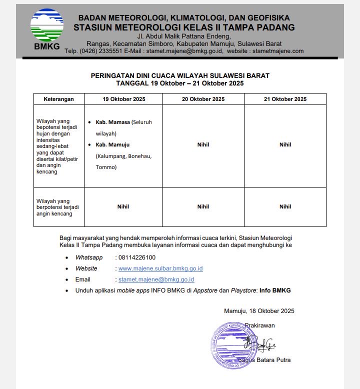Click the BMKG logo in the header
[x=47, y=30]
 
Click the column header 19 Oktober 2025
[x=124, y=99]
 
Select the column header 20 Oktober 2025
[x=203, y=99]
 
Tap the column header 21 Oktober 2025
[x=285, y=99]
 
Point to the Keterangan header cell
[x=58, y=99]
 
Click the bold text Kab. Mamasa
[x=112, y=122]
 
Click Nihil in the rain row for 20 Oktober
[x=203, y=144]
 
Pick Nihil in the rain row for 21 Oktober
[x=285, y=144]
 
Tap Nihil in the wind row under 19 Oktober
[x=123, y=206]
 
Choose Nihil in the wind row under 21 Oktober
[x=285, y=206]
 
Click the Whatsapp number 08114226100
[x=136, y=257]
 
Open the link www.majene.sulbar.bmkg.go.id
[x=160, y=268]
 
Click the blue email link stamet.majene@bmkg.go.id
[x=156, y=279]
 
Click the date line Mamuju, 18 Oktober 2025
[x=259, y=311]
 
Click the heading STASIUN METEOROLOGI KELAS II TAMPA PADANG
[x=184, y=27]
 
